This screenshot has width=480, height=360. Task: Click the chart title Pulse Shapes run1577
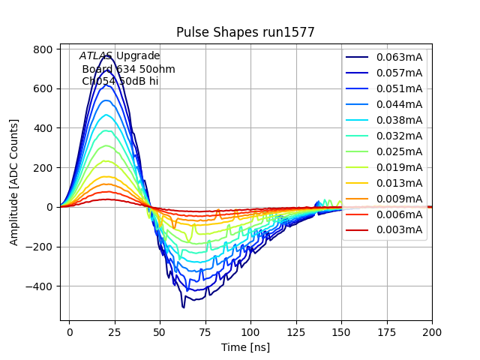[245, 32]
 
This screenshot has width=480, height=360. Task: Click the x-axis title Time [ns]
[245, 347]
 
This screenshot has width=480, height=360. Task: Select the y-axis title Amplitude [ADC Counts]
[14, 182]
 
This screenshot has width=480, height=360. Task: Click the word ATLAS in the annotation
[96, 56]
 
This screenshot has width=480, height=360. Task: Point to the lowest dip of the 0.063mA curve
[183, 307]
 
